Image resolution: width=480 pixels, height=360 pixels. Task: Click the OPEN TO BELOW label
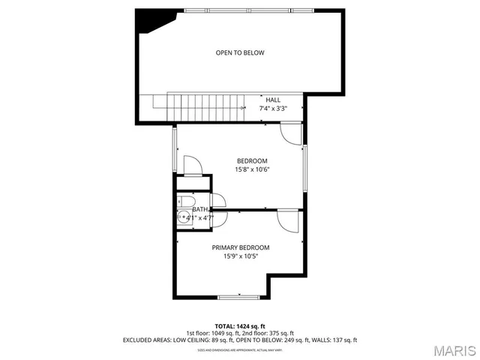tap(240, 52)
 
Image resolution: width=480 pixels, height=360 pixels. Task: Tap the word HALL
tap(273, 100)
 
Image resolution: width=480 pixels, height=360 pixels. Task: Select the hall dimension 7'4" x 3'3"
tap(273, 108)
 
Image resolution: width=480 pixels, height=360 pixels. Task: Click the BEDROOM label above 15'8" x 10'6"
tap(252, 160)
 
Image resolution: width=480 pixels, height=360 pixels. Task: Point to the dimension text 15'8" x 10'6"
tap(252, 169)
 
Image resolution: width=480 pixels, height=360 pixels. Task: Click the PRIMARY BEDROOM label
tap(240, 247)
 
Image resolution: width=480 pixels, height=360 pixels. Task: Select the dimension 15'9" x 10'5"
tap(240, 256)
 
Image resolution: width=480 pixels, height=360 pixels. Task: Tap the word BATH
tap(199, 210)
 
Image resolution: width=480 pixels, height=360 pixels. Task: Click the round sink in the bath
tap(184, 217)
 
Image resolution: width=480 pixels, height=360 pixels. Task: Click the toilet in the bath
tap(184, 200)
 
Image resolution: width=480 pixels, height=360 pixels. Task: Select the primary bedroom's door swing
tap(288, 220)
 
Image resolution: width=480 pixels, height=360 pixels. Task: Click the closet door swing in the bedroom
tap(191, 165)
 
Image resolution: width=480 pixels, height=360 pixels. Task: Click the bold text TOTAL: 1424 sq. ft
tap(240, 326)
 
